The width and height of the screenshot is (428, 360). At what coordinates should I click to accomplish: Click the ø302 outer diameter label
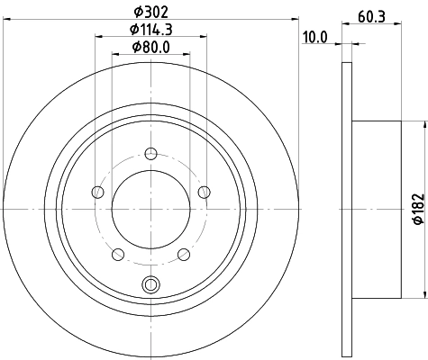pos(150,13)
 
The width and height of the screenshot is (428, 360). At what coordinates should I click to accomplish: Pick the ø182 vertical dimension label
pos(418,209)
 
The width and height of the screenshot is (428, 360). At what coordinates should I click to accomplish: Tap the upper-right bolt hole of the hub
pos(204,190)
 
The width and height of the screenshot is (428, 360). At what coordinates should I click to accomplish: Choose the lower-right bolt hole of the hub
pos(184,254)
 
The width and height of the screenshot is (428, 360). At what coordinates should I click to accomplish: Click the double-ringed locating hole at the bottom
pos(150,286)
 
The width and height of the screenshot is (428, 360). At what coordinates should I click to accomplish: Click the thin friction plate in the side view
pos(347,209)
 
